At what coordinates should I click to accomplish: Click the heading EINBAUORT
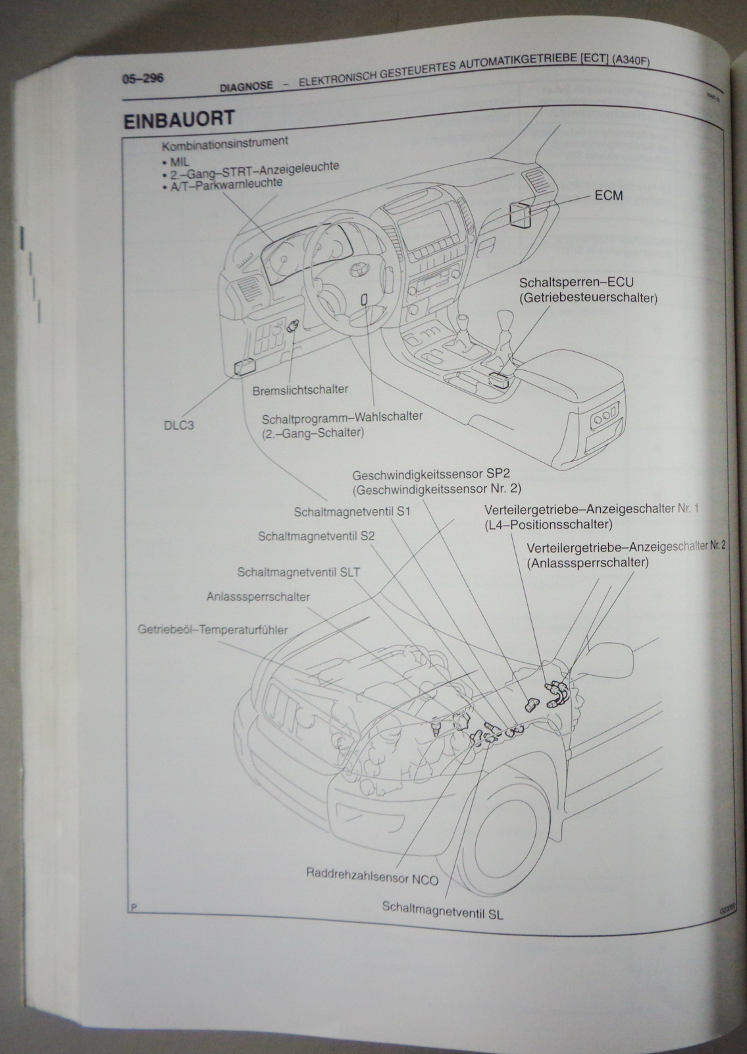(178, 120)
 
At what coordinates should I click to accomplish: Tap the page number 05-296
(142, 78)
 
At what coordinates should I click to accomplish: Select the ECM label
(608, 196)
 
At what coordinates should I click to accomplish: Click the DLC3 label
(178, 425)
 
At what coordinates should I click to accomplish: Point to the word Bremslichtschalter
(300, 389)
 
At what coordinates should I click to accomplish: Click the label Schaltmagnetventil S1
(352, 511)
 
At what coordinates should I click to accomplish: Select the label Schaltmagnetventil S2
(317, 536)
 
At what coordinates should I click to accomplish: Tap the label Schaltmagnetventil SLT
(299, 572)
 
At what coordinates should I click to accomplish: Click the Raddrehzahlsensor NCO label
(372, 877)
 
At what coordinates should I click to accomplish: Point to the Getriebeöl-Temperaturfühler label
(213, 630)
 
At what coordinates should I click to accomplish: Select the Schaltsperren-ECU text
(567, 283)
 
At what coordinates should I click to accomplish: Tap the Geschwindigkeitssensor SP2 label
(436, 475)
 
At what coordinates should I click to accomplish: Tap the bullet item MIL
(178, 160)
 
